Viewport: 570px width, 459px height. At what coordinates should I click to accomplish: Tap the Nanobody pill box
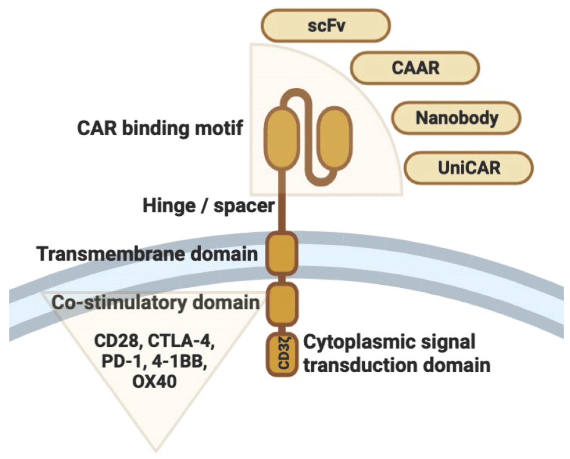point(456,118)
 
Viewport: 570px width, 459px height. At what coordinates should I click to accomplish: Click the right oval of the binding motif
point(336,138)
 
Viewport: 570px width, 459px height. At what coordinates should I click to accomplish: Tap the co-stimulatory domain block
point(282,304)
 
